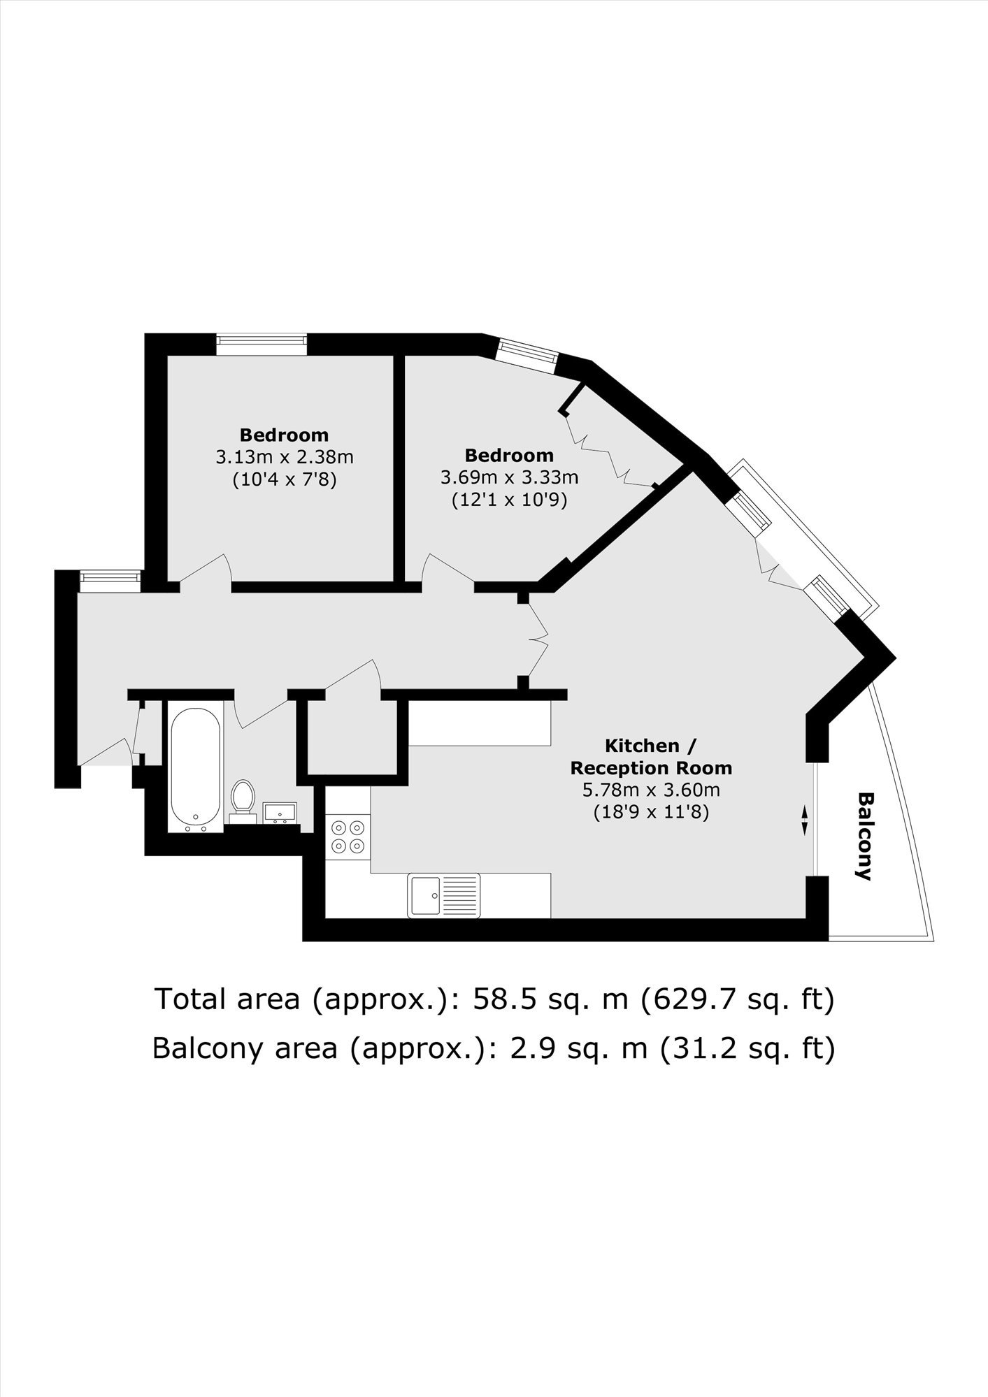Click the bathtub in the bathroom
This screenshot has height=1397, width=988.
(x=195, y=769)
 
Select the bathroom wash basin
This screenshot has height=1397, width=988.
(x=280, y=813)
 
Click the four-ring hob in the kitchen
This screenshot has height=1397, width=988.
(x=348, y=837)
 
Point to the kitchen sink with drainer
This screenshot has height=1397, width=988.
(x=444, y=895)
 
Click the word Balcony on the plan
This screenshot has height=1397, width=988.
(x=866, y=837)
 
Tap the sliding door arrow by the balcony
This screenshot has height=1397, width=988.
(x=804, y=820)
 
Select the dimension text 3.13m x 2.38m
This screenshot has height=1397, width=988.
(x=285, y=458)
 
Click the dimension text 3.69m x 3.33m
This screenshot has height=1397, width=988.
(x=509, y=478)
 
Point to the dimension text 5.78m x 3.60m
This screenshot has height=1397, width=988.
(x=651, y=790)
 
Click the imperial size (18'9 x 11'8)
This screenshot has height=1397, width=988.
(x=651, y=813)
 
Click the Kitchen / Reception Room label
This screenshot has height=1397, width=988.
(x=651, y=757)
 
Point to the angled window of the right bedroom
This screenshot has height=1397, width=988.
(x=527, y=356)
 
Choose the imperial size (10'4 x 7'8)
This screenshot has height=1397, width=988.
(x=285, y=480)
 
